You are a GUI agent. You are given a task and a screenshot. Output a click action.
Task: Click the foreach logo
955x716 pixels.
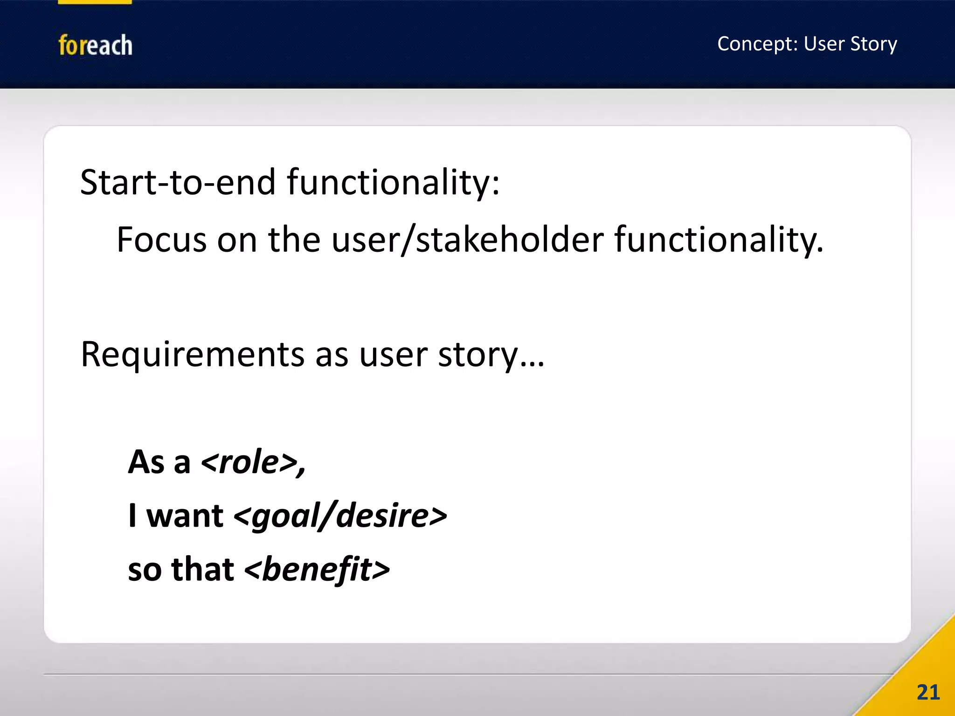coord(95,45)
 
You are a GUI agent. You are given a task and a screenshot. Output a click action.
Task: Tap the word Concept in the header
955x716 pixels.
coord(757,44)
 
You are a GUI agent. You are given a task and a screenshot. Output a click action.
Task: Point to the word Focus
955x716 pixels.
coord(161,240)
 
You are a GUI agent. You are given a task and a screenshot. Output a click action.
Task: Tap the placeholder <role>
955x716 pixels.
coord(253,462)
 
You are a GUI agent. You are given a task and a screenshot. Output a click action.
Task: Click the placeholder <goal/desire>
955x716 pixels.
coord(340,516)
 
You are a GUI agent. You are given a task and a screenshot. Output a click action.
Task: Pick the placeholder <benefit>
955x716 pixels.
coord(317,570)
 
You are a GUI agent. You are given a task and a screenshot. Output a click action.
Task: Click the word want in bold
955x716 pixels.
coord(185,516)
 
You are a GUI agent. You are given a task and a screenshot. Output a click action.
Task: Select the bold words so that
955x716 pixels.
coord(180,570)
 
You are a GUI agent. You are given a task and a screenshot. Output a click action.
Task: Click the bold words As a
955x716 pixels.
coord(159,462)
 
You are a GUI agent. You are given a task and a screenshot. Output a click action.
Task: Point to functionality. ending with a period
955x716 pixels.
coord(719,240)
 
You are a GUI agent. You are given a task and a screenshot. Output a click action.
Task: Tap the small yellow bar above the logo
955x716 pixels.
coord(95,2)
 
